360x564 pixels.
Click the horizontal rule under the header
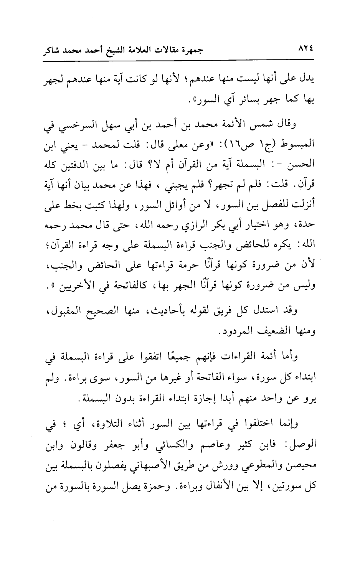pos(180,59)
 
